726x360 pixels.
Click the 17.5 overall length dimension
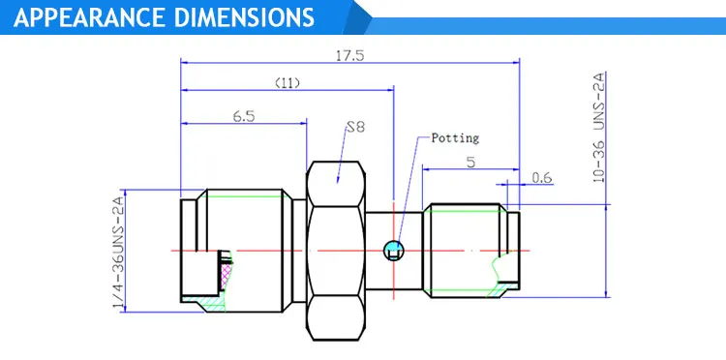pos(350,55)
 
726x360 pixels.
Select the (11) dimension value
pos(287,83)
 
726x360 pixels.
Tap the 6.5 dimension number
pos(244,116)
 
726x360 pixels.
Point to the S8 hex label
pos(355,127)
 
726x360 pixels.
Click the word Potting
pos(455,137)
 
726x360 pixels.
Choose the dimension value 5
pos(470,163)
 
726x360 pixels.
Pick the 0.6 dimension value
pos(542,178)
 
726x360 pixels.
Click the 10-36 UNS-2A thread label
pos(599,127)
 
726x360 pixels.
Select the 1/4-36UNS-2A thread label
pos(118,254)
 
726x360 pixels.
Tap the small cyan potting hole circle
pos(394,251)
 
